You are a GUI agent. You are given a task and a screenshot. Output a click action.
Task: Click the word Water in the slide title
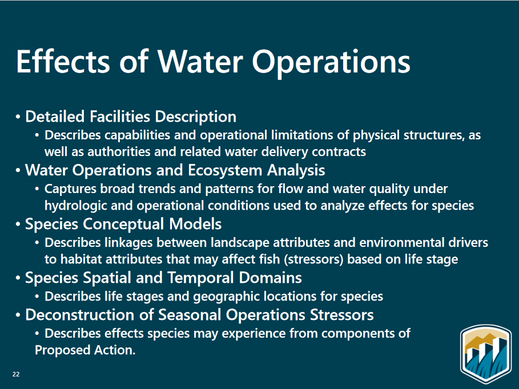click(x=200, y=61)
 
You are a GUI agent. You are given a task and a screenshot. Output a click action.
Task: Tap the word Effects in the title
click(x=63, y=61)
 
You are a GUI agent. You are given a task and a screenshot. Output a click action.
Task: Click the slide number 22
click(x=16, y=374)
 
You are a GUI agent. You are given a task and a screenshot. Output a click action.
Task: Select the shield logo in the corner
click(x=486, y=354)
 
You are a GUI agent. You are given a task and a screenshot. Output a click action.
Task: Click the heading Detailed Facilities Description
click(x=131, y=117)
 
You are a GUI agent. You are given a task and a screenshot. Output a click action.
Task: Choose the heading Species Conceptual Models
click(x=123, y=224)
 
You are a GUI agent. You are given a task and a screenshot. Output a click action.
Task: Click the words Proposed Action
click(x=85, y=350)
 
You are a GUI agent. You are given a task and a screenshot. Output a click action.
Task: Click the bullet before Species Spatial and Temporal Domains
click(x=18, y=278)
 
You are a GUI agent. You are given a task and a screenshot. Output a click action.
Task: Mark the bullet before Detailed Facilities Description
click(x=18, y=117)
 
